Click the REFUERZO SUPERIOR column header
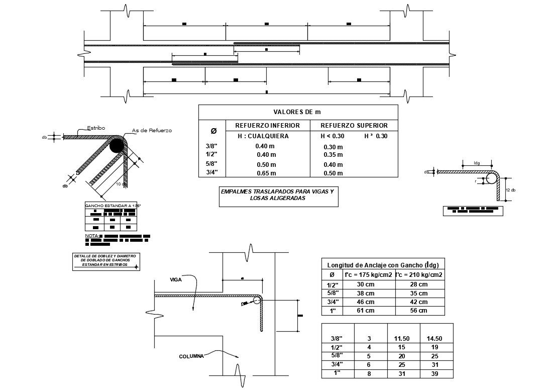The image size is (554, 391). coord(354,125)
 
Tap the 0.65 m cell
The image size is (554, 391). coord(266,173)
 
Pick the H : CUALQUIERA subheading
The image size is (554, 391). coord(263,136)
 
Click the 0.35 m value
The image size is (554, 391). coord(333,155)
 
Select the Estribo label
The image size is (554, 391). coord(96,128)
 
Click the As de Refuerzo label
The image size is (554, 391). coord(152,131)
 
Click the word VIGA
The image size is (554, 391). coord(176,279)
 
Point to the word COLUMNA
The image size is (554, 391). coord(191,356)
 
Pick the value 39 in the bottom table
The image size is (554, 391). coord(435,373)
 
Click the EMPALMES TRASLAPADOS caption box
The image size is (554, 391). coord(278,195)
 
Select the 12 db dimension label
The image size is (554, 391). coord(511,189)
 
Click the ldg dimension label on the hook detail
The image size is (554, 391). coord(477,163)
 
